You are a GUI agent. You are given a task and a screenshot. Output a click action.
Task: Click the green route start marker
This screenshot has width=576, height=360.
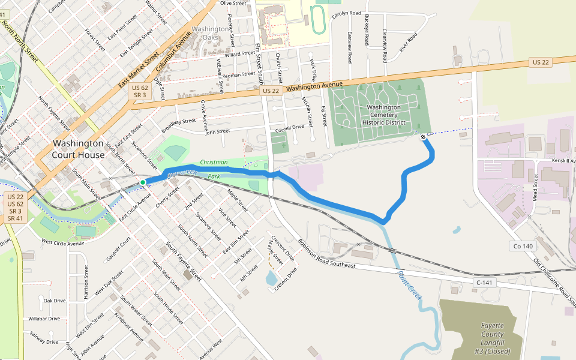coord(143,182)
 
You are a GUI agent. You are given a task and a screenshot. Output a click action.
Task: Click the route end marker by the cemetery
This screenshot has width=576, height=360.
coord(424,137)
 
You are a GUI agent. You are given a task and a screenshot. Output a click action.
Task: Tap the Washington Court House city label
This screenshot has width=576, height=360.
coord(78,149)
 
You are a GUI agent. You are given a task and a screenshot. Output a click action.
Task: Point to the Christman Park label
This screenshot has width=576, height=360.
coord(214,169)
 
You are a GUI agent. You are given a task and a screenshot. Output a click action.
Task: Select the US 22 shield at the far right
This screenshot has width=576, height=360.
coord(540,62)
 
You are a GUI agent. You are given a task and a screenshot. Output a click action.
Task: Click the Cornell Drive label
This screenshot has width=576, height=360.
coord(290,128)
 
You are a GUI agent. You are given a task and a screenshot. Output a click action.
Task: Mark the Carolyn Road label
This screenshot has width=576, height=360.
coord(347,13)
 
